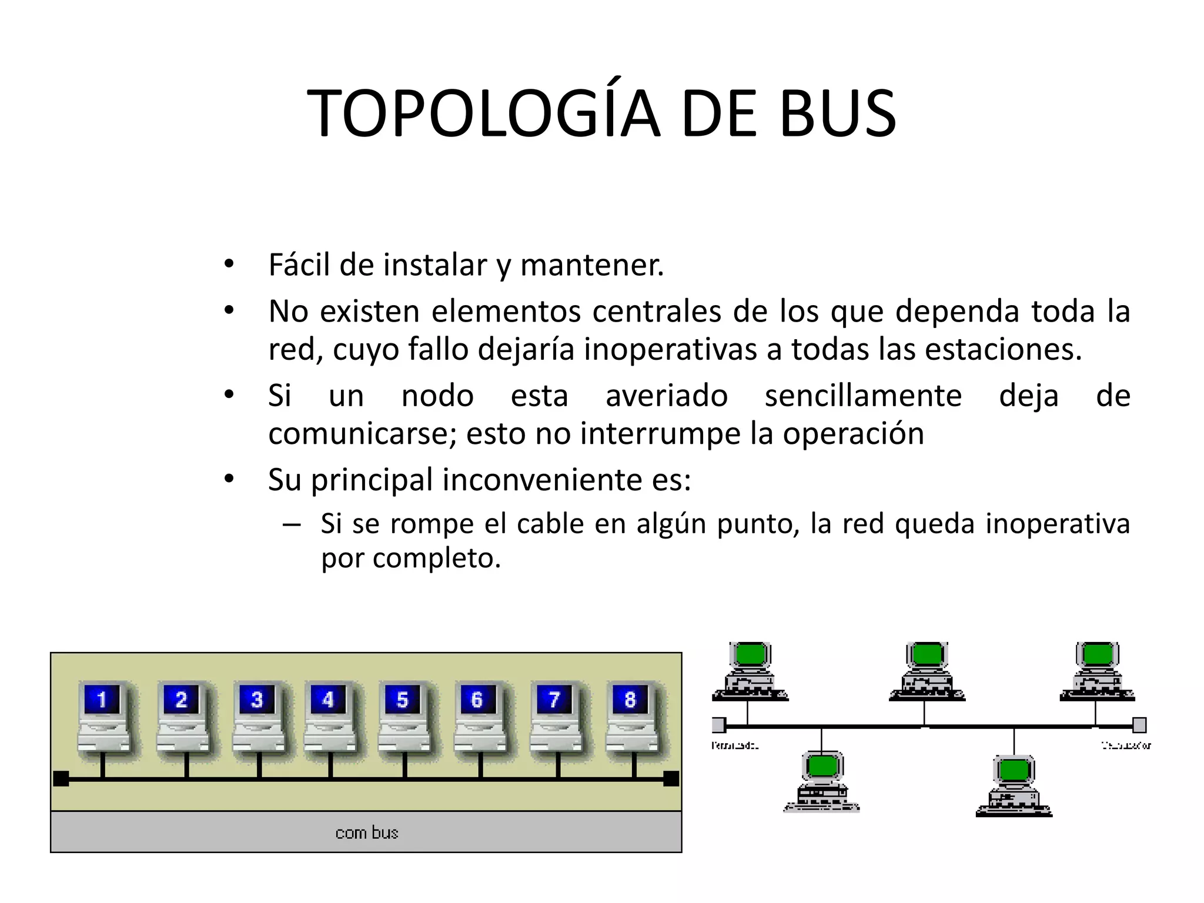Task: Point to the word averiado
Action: (x=667, y=396)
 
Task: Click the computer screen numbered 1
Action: (x=102, y=700)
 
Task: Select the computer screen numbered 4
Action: (x=327, y=700)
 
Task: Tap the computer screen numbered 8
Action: (x=630, y=700)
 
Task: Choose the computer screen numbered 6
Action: (x=477, y=700)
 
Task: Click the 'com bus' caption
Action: (x=366, y=832)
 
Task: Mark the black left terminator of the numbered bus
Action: (x=61, y=778)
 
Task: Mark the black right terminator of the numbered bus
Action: (x=671, y=778)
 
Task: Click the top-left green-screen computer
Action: (x=750, y=670)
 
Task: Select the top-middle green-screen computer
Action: (x=927, y=670)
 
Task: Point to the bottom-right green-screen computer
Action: (x=1014, y=785)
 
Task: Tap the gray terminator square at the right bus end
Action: (x=1139, y=725)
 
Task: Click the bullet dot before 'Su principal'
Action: (x=229, y=479)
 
